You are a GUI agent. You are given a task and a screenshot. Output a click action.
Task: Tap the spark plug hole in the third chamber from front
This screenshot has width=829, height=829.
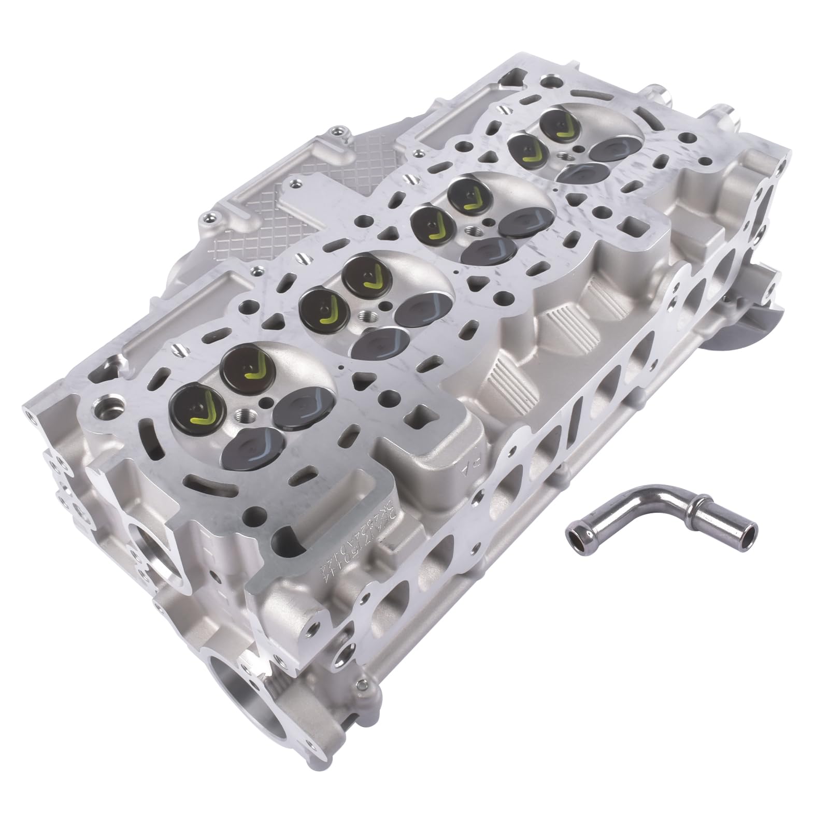coord(473,230)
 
